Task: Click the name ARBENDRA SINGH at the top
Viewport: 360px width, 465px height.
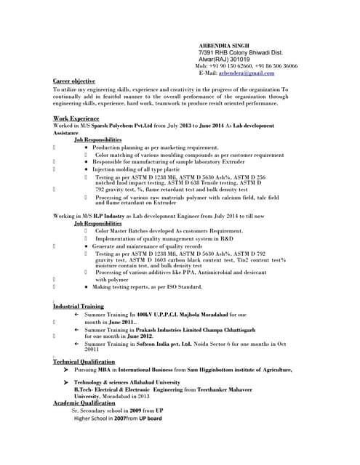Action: click(x=223, y=45)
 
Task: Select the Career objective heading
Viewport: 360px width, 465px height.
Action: click(x=73, y=81)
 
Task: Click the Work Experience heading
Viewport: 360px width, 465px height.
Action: click(x=76, y=118)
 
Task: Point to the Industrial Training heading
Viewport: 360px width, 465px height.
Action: click(x=79, y=307)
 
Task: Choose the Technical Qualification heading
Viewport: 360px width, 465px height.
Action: click(x=84, y=361)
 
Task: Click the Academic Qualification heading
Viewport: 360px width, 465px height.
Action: click(x=84, y=403)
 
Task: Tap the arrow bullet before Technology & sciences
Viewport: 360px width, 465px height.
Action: click(x=67, y=382)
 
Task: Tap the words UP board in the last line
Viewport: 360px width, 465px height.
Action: click(x=149, y=418)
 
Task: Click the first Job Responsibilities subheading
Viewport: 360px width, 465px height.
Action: click(x=98, y=139)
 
